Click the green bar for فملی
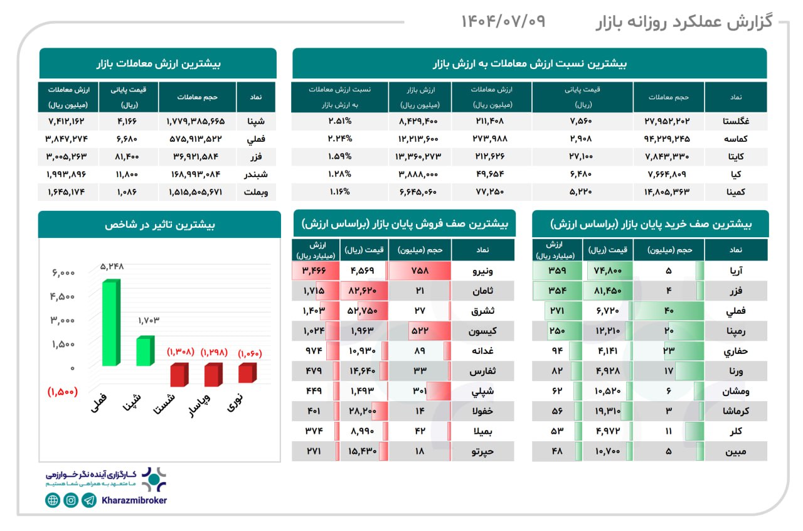coord(109,323)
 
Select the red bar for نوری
coord(247,373)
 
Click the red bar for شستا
coord(178,375)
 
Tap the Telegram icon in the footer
coord(89,500)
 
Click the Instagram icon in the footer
coord(71,500)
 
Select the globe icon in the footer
coord(53,500)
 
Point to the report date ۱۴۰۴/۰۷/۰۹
coord(503,22)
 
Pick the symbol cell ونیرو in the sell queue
coord(482,271)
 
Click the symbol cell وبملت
coord(256,192)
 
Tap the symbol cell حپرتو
coord(482,451)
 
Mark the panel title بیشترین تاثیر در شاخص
coord(159,225)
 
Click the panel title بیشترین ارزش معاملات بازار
coord(158,63)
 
